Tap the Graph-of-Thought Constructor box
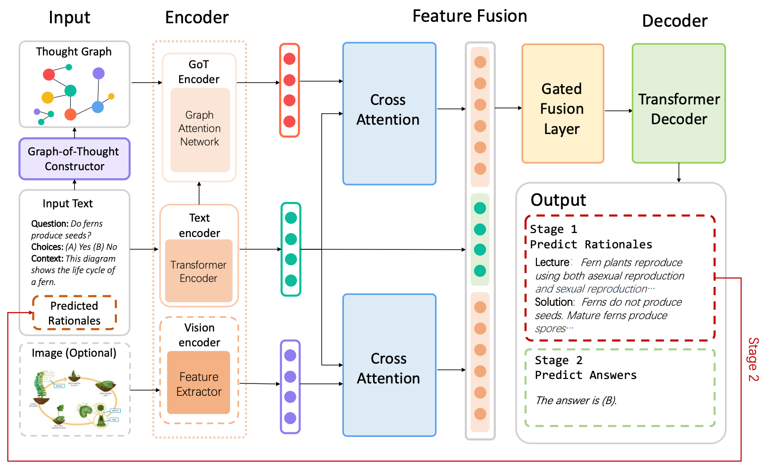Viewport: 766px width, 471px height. (74, 159)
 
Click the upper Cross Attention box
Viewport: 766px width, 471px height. (389, 113)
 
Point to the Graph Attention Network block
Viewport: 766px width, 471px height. (200, 129)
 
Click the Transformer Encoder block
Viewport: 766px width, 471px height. (198, 271)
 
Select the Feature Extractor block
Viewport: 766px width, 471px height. (198, 383)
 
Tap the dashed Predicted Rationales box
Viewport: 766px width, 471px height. (74, 313)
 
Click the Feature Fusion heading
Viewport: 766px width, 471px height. (469, 16)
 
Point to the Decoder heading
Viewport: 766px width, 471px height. (674, 21)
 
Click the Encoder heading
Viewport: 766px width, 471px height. (196, 18)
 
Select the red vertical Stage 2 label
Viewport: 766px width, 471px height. (753, 359)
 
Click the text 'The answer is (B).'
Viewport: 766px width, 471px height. (575, 400)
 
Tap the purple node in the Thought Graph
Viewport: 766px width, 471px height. (98, 74)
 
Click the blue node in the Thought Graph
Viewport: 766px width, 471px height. (98, 107)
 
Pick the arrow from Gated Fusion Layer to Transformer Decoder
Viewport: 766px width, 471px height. (618, 111)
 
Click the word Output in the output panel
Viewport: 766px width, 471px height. (558, 200)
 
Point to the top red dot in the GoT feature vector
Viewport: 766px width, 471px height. (289, 59)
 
